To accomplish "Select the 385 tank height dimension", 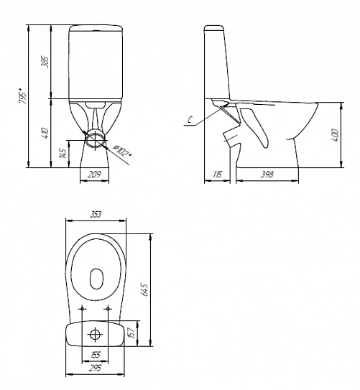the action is point(46,62).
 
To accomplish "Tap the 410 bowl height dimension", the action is point(45,134).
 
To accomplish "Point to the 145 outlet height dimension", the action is point(63,154).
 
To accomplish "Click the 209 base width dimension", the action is point(95,174).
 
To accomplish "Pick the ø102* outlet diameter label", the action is point(122,151).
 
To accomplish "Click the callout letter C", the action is point(190,120).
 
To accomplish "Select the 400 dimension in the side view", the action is point(335,135).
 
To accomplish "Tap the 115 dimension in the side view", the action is point(217,175).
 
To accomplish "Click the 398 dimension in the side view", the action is point(267,175).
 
